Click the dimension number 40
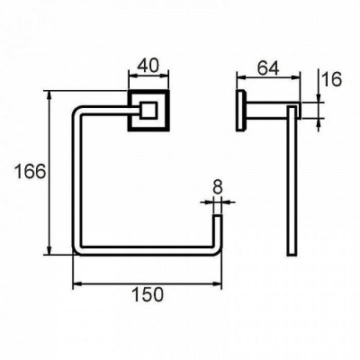coord(148,66)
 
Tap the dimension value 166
coord(31,172)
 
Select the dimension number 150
coord(148,294)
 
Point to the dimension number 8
coord(217,187)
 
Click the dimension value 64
coord(268,68)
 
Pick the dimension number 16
coord(332,79)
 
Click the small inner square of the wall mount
coord(148,110)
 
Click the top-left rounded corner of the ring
coord(78,111)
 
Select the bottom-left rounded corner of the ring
coord(77,251)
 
